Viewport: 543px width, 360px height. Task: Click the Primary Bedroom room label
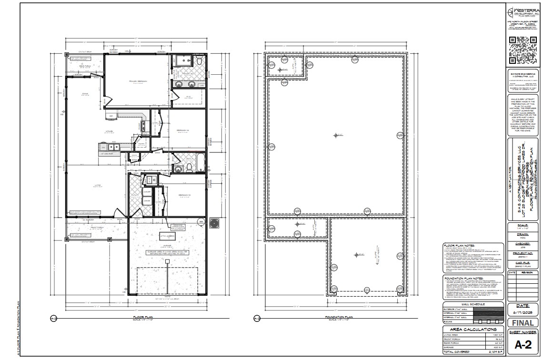coord(138,81)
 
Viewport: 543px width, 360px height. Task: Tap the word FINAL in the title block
coord(523,322)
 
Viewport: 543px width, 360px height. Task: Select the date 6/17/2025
coord(523,312)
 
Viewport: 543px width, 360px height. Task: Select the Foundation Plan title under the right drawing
coord(338,317)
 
